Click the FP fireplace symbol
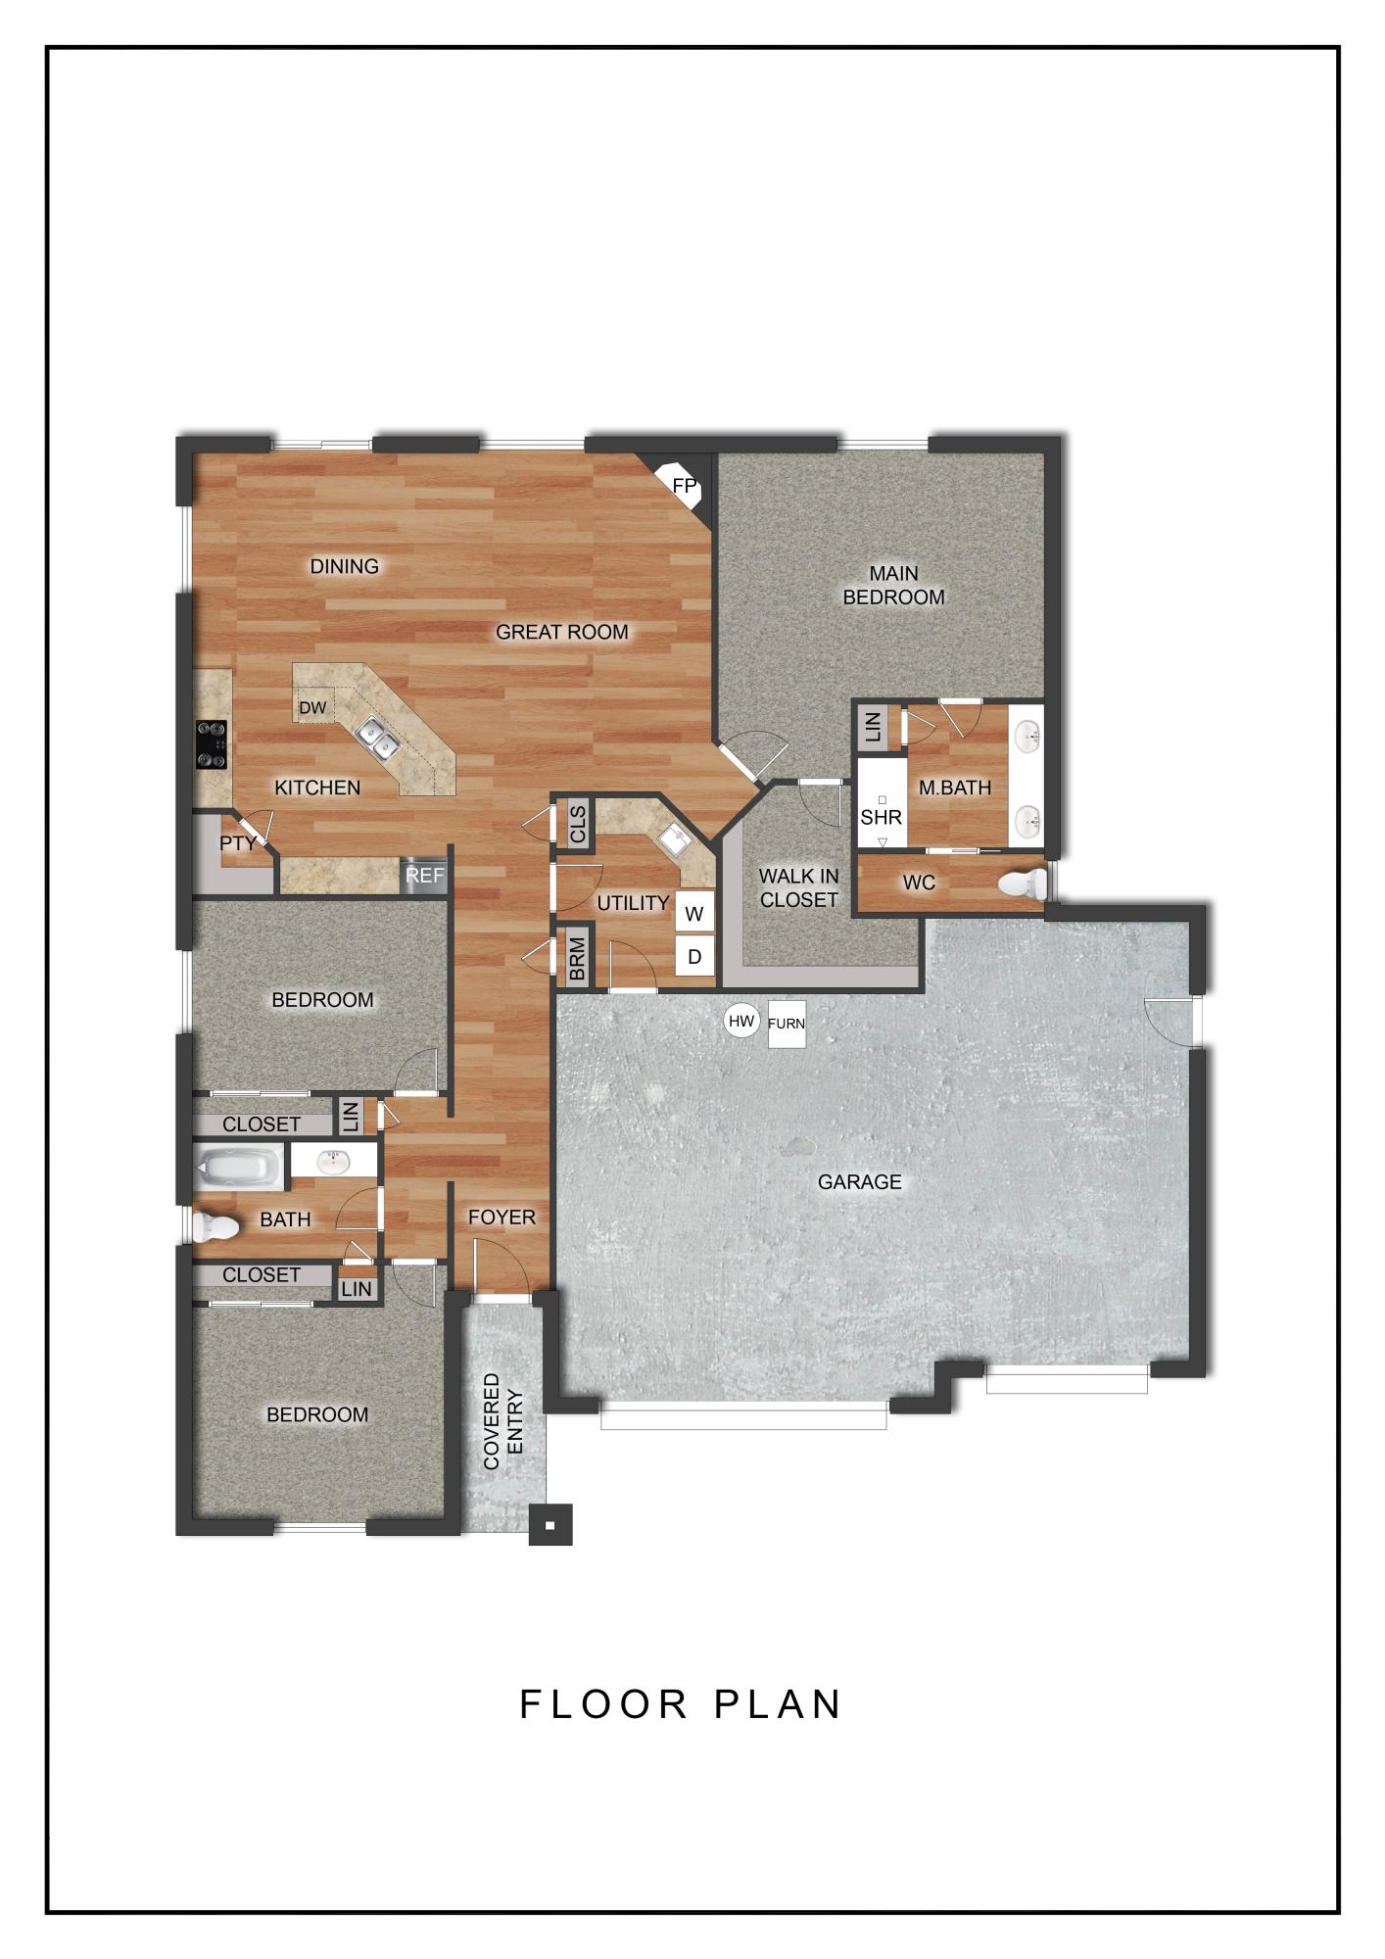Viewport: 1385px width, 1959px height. [684, 484]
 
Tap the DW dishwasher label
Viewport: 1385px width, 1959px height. [312, 707]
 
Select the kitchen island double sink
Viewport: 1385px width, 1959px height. [375, 739]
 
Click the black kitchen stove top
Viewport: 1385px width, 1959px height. [212, 743]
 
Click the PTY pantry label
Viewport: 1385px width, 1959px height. [237, 843]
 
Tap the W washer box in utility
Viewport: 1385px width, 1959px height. [694, 914]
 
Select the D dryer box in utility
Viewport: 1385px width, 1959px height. [694, 956]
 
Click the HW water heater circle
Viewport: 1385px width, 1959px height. [741, 1022]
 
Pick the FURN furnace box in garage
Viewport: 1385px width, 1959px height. [786, 1024]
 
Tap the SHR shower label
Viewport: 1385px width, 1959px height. [881, 817]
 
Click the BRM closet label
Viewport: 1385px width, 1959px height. [576, 959]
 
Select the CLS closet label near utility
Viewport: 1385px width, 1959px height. [577, 823]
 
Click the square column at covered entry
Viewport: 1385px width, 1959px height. [550, 1525]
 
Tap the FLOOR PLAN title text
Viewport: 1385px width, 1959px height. [681, 1704]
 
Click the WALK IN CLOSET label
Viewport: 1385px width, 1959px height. [798, 887]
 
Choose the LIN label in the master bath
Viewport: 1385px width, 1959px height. [875, 727]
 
